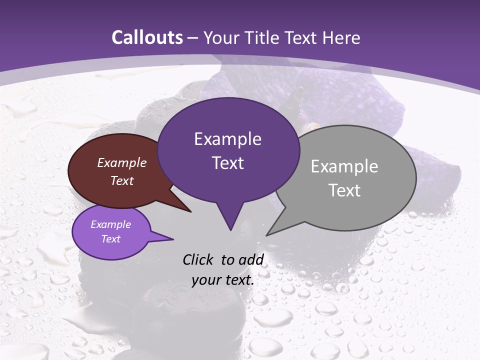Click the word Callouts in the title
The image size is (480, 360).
tap(147, 37)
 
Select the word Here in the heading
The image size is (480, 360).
tap(341, 37)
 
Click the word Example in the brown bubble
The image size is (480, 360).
tap(122, 162)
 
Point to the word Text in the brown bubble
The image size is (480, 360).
tap(122, 180)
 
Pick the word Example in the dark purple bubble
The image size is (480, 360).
tap(227, 139)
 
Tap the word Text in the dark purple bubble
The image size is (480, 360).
tap(227, 163)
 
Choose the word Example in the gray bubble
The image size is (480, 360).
tap(344, 166)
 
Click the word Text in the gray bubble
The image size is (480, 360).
tap(344, 190)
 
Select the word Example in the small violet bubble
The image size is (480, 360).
tap(111, 224)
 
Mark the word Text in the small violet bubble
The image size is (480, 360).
tap(111, 239)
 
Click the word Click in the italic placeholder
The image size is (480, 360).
tap(199, 259)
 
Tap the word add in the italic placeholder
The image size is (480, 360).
tap(251, 259)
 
